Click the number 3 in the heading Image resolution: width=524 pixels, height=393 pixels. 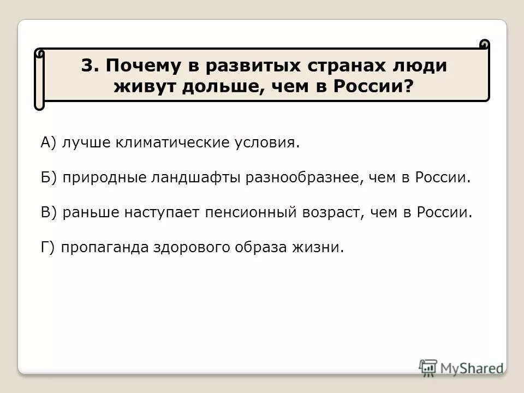87,65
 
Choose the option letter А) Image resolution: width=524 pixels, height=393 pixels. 48,143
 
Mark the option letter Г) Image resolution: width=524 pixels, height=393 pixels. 47,247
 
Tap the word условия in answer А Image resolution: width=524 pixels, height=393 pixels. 269,144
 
